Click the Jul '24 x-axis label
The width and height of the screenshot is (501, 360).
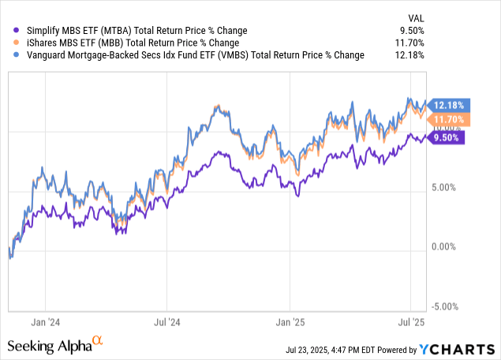[166, 322]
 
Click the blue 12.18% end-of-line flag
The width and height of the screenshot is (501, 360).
[451, 105]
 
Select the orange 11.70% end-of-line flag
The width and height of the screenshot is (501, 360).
[451, 119]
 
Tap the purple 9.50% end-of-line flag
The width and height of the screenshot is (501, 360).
[449, 137]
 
